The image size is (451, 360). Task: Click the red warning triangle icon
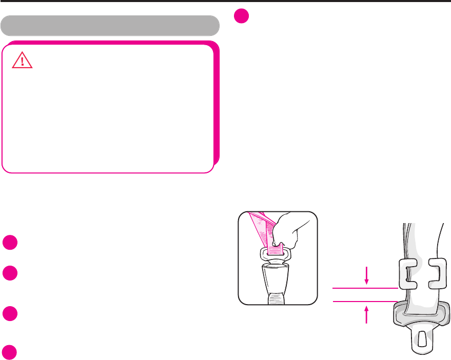[22, 61]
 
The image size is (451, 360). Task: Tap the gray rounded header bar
[110, 25]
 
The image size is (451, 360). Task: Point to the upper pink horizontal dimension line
[365, 288]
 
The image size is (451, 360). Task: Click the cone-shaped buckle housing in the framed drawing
[278, 280]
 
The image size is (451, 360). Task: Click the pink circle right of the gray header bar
[241, 16]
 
